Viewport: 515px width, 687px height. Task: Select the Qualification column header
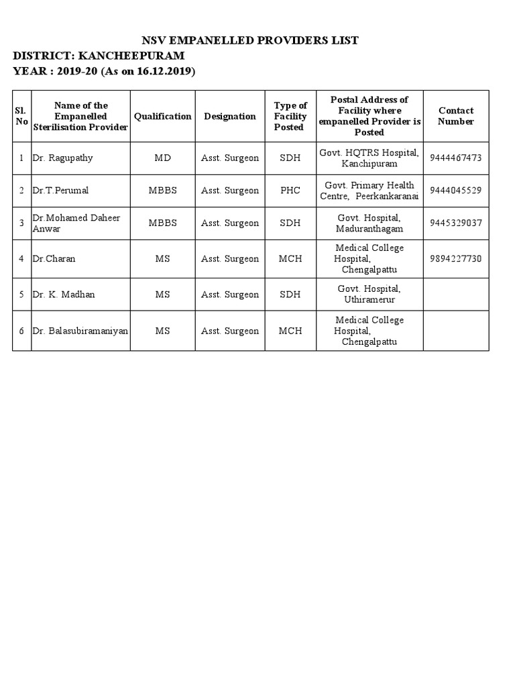pyautogui.click(x=162, y=116)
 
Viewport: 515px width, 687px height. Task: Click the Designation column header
pyautogui.click(x=230, y=116)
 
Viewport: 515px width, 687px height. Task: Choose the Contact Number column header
pyautogui.click(x=456, y=116)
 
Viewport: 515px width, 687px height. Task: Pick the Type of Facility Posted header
pyautogui.click(x=290, y=116)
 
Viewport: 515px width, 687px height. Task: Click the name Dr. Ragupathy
pyautogui.click(x=62, y=158)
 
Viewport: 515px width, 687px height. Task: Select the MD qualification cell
pyautogui.click(x=163, y=158)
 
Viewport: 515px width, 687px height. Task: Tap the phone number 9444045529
pyautogui.click(x=456, y=191)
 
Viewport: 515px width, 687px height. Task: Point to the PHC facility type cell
pyautogui.click(x=290, y=191)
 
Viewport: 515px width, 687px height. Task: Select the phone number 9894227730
pyautogui.click(x=456, y=259)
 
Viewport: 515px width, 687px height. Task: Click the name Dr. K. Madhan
pyautogui.click(x=64, y=295)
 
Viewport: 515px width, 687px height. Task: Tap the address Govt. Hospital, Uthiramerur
pyautogui.click(x=369, y=294)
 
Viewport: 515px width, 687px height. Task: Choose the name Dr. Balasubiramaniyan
pyautogui.click(x=80, y=331)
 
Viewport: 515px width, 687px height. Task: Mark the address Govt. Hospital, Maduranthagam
pyautogui.click(x=369, y=223)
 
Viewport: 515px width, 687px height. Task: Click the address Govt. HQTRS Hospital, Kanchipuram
pyautogui.click(x=369, y=158)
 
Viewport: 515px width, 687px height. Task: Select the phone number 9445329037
pyautogui.click(x=456, y=223)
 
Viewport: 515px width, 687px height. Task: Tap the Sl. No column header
pyautogui.click(x=21, y=116)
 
